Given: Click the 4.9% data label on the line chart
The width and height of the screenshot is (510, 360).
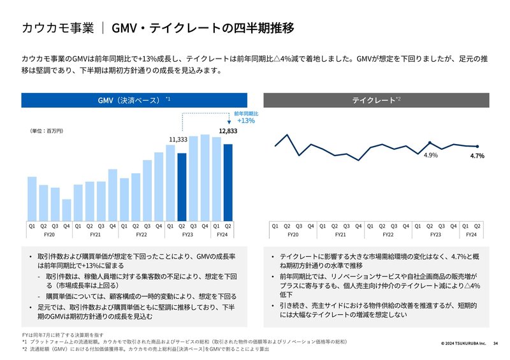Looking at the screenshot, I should (430, 155).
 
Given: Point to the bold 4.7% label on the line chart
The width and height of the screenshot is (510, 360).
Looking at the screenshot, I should (477, 155).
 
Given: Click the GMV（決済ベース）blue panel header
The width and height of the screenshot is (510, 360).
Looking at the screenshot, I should (131, 100).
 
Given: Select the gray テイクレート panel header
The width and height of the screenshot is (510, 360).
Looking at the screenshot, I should (376, 100).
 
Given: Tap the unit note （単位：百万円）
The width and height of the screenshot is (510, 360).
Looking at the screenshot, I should (47, 131).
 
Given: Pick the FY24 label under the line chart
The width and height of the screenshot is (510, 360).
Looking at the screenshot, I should (471, 235).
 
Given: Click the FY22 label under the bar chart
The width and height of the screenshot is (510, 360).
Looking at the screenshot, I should (142, 235).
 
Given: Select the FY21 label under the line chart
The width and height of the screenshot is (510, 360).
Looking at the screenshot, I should (340, 235).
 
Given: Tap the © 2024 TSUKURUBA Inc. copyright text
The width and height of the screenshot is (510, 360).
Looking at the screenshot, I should (463, 343).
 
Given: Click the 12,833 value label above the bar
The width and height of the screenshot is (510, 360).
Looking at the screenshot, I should (228, 131).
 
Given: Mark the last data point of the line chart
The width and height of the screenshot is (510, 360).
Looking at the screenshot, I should (477, 147).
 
